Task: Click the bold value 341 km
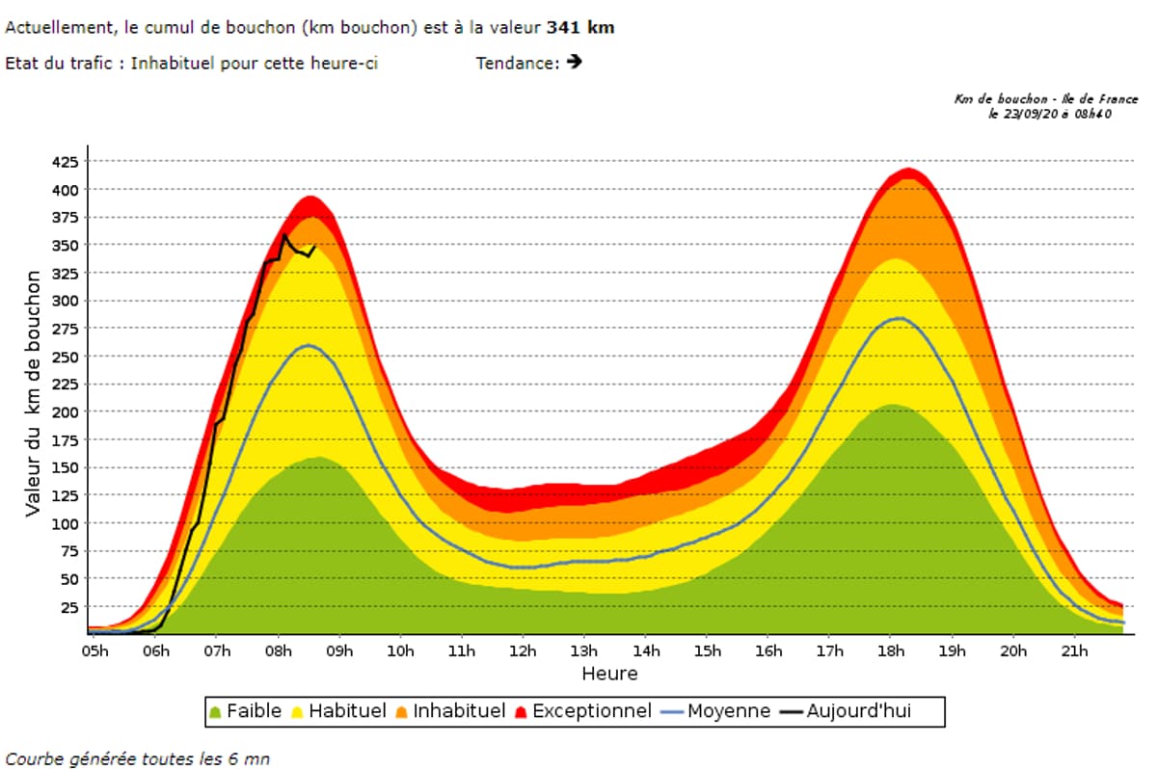(x=580, y=28)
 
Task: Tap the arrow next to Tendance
(x=576, y=63)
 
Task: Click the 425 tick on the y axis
(x=64, y=162)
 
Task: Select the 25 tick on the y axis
(x=68, y=607)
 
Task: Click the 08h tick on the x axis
(x=279, y=651)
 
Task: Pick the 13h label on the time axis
(x=584, y=651)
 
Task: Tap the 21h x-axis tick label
(x=1074, y=651)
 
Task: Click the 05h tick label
(x=94, y=651)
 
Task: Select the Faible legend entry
(x=246, y=712)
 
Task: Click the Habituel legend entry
(x=338, y=712)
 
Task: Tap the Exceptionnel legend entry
(x=583, y=712)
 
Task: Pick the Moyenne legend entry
(x=717, y=712)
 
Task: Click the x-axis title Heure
(x=609, y=674)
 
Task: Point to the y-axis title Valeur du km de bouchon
(x=34, y=393)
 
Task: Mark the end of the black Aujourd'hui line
(x=314, y=246)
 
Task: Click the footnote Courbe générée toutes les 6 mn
(x=137, y=758)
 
